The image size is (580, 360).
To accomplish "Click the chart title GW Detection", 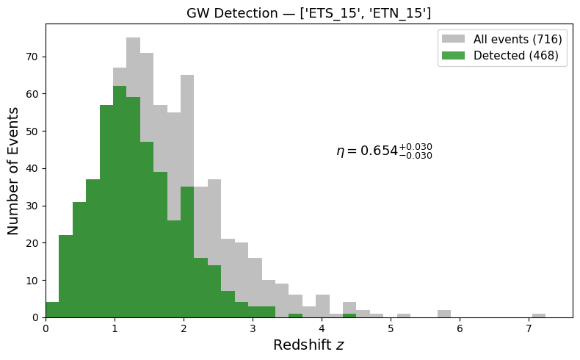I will pyautogui.click(x=308, y=12).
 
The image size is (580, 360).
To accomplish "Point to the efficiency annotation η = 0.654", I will pyautogui.click(x=384, y=151).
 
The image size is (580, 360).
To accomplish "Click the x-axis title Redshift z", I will pyautogui.click(x=308, y=345).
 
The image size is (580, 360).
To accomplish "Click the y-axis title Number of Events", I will pyautogui.click(x=14, y=170).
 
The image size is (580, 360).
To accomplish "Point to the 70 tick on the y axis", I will pyautogui.click(x=32, y=57).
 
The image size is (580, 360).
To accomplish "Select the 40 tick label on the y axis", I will pyautogui.click(x=32, y=168).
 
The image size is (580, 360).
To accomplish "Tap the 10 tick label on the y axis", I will pyautogui.click(x=32, y=280).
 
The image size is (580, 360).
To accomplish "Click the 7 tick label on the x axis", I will pyautogui.click(x=529, y=328).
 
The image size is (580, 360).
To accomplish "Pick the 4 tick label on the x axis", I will pyautogui.click(x=322, y=328).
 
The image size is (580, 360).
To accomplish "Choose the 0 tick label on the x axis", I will pyautogui.click(x=46, y=328).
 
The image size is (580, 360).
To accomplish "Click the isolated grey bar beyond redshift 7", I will pyautogui.click(x=539, y=315).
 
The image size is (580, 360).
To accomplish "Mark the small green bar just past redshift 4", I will pyautogui.click(x=349, y=315).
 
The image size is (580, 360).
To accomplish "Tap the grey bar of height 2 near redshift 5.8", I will pyautogui.click(x=443, y=314).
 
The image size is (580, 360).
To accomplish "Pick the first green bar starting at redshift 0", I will pyautogui.click(x=52, y=310).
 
